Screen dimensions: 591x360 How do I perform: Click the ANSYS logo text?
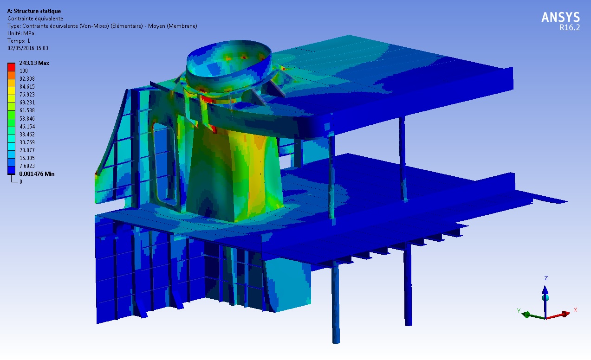click(561, 18)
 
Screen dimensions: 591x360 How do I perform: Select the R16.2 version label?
click(570, 28)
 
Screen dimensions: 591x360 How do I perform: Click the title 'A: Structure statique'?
click(34, 11)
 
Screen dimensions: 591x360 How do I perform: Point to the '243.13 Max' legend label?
click(34, 63)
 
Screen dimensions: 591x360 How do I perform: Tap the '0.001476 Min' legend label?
click(37, 174)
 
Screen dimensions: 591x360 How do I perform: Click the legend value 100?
click(24, 71)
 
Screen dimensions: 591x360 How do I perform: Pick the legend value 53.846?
click(27, 118)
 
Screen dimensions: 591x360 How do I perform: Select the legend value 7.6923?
click(27, 166)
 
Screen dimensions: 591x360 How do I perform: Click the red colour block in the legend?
click(11, 67)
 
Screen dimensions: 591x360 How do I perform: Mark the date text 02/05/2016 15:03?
click(28, 48)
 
